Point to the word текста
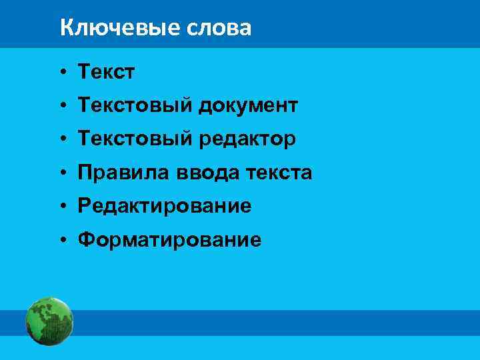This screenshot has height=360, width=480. (x=279, y=173)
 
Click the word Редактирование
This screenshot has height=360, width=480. (x=165, y=207)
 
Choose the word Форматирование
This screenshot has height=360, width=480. (x=169, y=240)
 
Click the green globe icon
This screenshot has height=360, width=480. (x=49, y=322)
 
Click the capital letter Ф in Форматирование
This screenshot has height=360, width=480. (x=85, y=240)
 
